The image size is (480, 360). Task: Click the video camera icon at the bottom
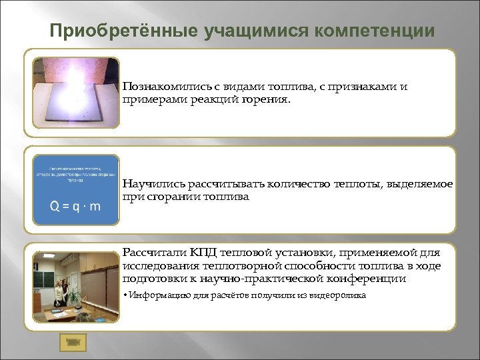(x=71, y=341)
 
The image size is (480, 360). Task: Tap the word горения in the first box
(x=269, y=99)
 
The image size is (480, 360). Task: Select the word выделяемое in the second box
(x=425, y=184)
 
